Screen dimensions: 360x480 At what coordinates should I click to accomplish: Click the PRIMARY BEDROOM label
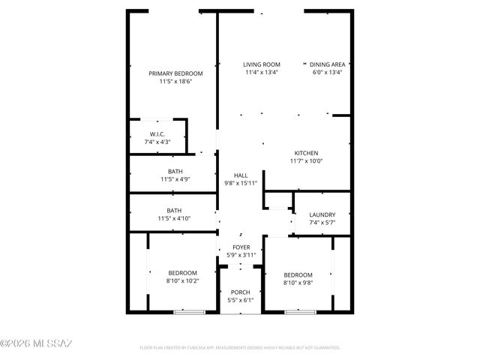click(175, 73)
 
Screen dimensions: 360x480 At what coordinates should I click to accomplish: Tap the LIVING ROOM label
click(262, 64)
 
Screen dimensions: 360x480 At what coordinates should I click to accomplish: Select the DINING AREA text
click(328, 64)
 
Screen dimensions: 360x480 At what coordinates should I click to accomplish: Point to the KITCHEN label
click(305, 153)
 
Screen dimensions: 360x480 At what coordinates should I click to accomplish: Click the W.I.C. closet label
click(157, 134)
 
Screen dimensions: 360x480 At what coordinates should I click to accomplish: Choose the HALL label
click(241, 175)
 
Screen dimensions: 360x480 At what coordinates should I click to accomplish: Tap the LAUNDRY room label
click(322, 214)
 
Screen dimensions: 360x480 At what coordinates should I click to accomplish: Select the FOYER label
click(241, 247)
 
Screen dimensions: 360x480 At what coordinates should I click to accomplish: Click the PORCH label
click(241, 292)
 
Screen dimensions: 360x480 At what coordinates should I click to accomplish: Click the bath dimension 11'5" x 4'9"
click(175, 179)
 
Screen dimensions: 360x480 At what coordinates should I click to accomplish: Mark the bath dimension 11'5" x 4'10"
click(175, 218)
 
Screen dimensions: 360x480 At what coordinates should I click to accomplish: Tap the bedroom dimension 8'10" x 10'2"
click(182, 280)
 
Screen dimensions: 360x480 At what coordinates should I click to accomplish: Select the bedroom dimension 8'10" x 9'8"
click(298, 283)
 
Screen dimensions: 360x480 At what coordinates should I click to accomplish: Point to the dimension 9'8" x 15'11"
click(241, 183)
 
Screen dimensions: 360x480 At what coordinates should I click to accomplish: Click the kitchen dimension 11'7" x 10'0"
click(305, 161)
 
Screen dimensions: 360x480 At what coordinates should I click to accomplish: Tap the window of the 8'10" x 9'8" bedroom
click(300, 311)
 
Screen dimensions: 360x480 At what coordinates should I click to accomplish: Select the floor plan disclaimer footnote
click(240, 348)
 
